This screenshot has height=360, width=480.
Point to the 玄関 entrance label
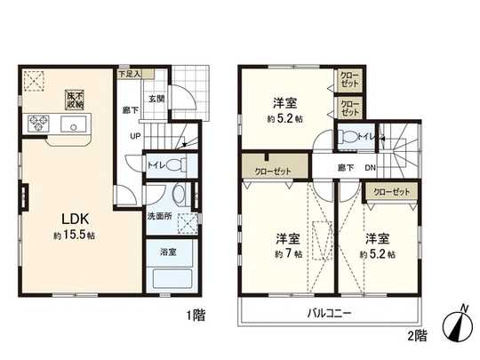156,99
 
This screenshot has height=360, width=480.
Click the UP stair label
135,137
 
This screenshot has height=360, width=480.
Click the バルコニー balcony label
330,314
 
